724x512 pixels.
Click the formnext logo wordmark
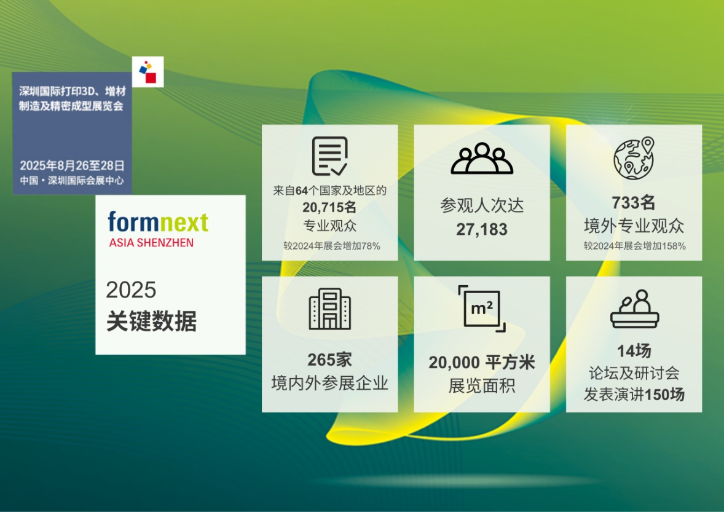[x=158, y=223]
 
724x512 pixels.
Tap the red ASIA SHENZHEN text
[x=151, y=243]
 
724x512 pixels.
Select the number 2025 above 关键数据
[x=131, y=289]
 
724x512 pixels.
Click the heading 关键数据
[x=151, y=321]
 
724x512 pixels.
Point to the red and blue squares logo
[x=148, y=71]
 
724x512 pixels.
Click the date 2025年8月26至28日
[x=73, y=165]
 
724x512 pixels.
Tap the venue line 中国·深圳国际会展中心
[x=72, y=181]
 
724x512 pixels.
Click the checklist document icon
[x=329, y=156]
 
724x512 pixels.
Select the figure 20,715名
[x=329, y=207]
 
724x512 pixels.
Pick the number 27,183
[x=482, y=229]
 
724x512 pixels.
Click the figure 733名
[x=634, y=203]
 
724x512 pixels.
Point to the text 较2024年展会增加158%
[x=634, y=246]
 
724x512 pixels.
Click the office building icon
[x=329, y=309]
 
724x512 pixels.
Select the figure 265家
[x=329, y=360]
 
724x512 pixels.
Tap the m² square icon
[x=482, y=309]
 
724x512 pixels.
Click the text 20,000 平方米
[x=482, y=363]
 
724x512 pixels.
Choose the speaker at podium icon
[x=634, y=309]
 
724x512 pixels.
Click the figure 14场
[x=634, y=352]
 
